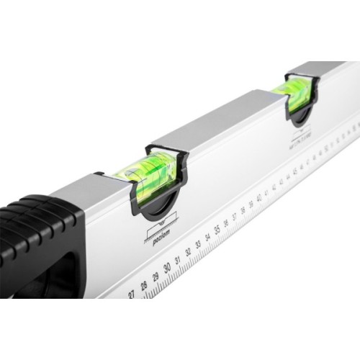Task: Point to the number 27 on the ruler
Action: [x=132, y=294]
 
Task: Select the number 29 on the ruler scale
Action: [x=156, y=278]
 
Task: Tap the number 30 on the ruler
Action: [x=168, y=269]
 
